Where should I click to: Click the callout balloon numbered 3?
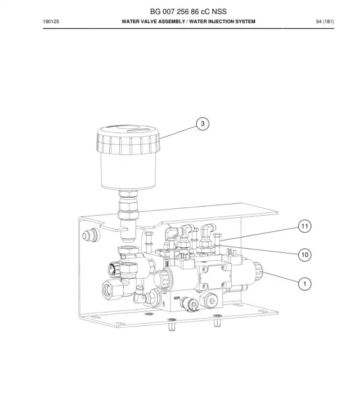point(202,123)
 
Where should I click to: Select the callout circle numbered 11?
point(305,226)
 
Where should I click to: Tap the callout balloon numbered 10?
point(305,255)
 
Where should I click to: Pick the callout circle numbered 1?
point(305,284)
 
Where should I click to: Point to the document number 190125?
point(51,21)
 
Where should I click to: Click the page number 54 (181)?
point(325,21)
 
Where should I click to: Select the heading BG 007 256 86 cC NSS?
point(188,11)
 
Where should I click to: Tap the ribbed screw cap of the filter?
point(128,139)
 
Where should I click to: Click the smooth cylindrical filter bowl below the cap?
point(128,171)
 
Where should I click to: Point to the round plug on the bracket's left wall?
point(91,235)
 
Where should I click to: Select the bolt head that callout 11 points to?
point(217,239)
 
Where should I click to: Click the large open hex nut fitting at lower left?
point(112,289)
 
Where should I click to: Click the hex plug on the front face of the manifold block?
point(211,301)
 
